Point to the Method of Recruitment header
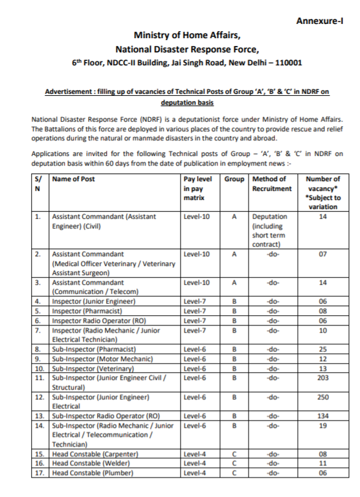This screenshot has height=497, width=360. (x=271, y=183)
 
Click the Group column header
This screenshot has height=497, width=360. (x=234, y=179)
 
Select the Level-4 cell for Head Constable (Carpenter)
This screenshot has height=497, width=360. (x=195, y=454)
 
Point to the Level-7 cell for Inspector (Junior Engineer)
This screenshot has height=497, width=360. (x=195, y=301)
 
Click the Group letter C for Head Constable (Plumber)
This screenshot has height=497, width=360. (x=234, y=473)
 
